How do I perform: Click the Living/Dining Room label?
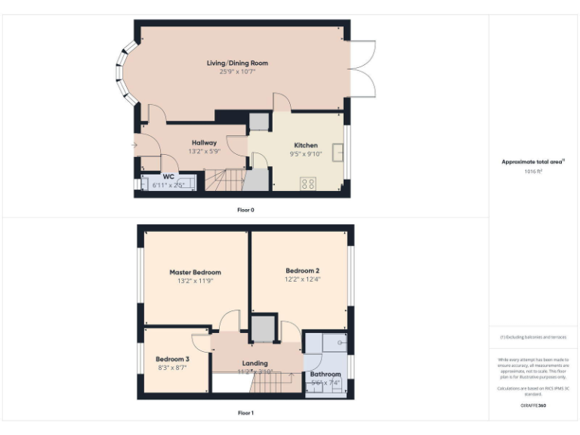[238, 63]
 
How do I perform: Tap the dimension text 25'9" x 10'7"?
[238, 72]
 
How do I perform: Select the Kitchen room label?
[306, 145]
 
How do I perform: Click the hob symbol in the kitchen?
[308, 183]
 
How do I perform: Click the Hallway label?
[204, 143]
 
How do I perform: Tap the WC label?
[168, 176]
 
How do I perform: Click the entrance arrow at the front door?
[134, 145]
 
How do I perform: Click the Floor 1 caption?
[245, 413]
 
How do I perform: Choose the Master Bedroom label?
[195, 272]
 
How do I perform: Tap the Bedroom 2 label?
[302, 270]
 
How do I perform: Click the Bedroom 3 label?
[173, 359]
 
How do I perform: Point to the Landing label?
[255, 363]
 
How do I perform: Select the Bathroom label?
[325, 374]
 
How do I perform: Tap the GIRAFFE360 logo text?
[533, 406]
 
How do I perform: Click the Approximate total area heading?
[533, 162]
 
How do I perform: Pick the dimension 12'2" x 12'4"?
[302, 279]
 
